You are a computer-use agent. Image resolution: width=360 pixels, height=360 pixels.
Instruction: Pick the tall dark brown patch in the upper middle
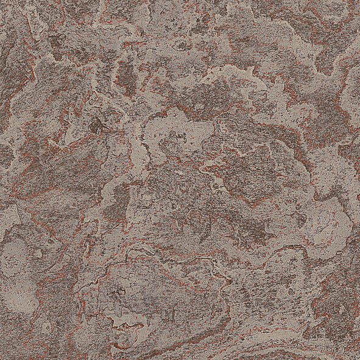click(x=126, y=76)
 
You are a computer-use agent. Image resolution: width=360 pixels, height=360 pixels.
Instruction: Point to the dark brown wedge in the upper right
click(x=329, y=55)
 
